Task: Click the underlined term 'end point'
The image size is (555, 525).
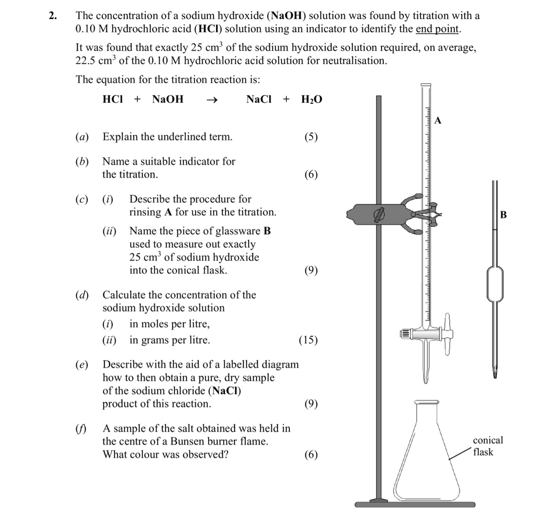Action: tap(437, 29)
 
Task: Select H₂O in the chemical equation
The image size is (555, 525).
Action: tap(311, 100)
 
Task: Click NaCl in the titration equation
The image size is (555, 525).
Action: tap(259, 100)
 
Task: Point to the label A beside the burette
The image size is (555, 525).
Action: tap(438, 121)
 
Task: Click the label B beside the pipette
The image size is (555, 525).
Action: tap(503, 214)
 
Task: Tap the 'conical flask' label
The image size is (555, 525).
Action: tap(488, 446)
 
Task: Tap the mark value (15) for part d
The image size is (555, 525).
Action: tap(308, 340)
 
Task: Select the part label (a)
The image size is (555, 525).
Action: tap(82, 137)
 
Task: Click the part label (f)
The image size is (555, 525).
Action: tap(81, 429)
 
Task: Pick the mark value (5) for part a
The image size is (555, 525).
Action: tap(311, 137)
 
